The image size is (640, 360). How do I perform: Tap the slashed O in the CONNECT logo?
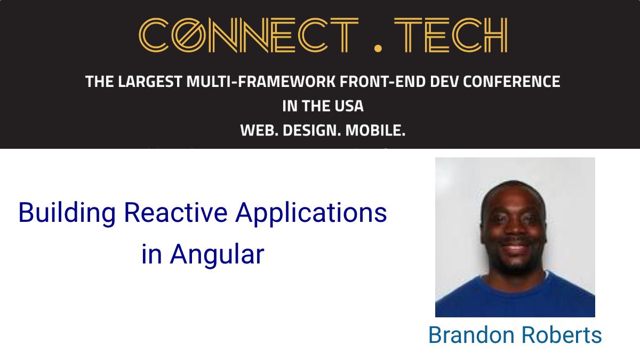pos(189,35)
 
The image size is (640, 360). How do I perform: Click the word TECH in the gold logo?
pos(451,35)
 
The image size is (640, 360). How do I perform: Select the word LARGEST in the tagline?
pos(150,82)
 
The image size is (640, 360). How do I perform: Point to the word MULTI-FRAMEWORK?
pos(261,82)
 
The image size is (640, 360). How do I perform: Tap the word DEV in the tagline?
pos(444,82)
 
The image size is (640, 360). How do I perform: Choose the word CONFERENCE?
pos(511,82)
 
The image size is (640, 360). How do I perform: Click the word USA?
pos(349,106)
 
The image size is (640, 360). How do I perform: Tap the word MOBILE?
pos(375,131)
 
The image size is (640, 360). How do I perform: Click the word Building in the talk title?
pos(67,214)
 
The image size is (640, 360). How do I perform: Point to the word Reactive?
pos(175,212)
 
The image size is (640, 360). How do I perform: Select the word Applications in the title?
pos(311,214)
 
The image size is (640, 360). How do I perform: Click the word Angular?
pos(217,255)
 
